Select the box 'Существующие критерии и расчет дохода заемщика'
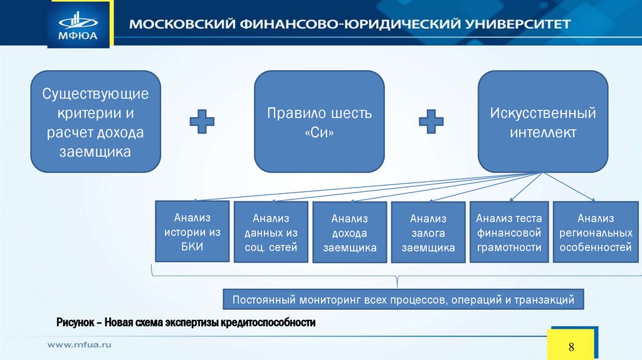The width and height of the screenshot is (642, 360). tap(96, 122)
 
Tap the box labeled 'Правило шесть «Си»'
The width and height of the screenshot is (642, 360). tap(319, 122)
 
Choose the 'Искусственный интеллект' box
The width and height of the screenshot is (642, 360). tap(543, 122)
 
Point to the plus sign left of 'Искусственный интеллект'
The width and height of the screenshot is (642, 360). tap(431, 121)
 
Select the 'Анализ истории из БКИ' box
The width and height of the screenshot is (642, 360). tap(192, 231)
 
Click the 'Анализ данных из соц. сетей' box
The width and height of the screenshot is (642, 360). tap(271, 232)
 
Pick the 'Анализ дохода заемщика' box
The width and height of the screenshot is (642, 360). tap(350, 232)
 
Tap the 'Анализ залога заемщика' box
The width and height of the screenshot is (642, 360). tap(428, 232)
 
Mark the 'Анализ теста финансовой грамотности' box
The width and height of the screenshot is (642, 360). tap(508, 232)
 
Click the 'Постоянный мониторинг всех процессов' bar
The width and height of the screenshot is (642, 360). tap(404, 300)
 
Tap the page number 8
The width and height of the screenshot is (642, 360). tap(571, 347)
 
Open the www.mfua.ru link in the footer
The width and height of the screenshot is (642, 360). tap(80, 344)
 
